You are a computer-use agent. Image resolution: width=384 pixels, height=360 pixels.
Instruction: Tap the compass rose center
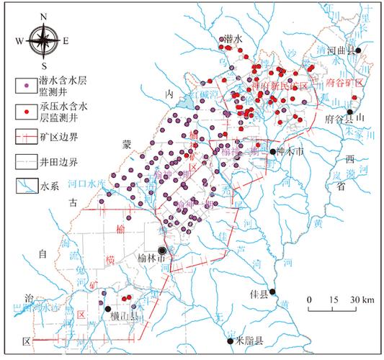coord(44,41)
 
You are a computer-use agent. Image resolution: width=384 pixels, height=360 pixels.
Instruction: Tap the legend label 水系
coord(48,185)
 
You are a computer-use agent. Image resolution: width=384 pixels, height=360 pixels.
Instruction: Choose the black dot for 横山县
coord(109,309)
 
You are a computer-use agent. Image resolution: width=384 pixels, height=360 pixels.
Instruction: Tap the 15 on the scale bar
coord(333,299)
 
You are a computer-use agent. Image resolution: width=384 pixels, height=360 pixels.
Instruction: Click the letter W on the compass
coord(19,41)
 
